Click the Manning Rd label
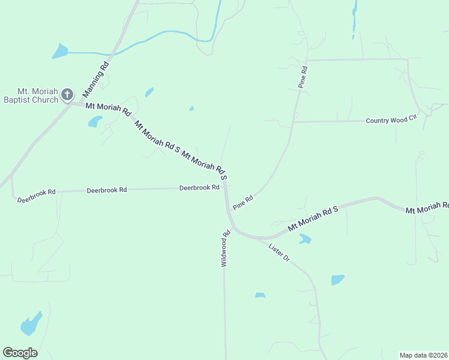click(95, 79)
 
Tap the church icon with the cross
click(67, 94)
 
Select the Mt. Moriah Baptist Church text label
click(31, 95)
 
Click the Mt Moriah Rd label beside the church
click(108, 109)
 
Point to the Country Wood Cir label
click(391, 121)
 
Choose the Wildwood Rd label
click(226, 249)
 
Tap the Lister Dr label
click(279, 253)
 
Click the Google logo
click(20, 353)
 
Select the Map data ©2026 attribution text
click(423, 355)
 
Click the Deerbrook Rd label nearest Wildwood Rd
click(199, 188)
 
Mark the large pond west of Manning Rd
click(60, 51)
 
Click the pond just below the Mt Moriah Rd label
click(95, 122)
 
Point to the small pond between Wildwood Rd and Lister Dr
click(260, 295)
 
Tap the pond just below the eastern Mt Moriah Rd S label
click(305, 239)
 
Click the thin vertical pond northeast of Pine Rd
click(355, 15)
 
